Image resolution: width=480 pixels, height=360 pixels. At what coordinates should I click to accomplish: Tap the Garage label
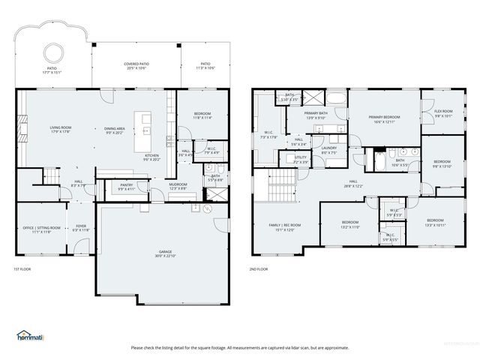[x=164, y=253]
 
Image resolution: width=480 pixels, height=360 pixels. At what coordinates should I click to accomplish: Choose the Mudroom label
[x=177, y=186]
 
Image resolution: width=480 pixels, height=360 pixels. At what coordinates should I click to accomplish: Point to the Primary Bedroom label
[x=384, y=118]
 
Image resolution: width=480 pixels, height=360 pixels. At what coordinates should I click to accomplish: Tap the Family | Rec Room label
[x=285, y=226]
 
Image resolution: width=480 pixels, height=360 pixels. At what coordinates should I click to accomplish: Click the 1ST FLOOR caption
[x=22, y=269]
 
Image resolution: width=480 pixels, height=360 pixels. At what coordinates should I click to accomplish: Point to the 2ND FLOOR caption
[x=259, y=269]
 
